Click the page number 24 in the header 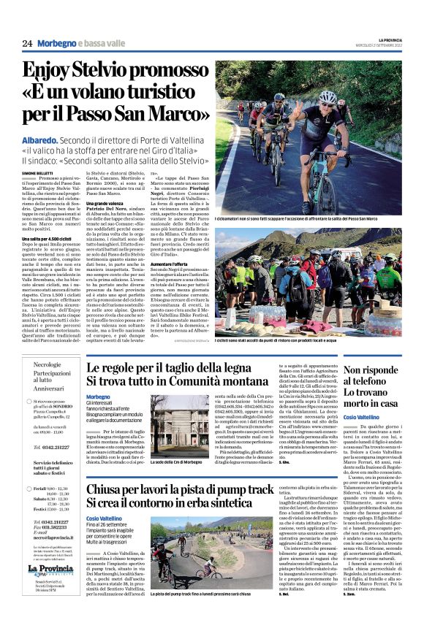coord(27,45)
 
